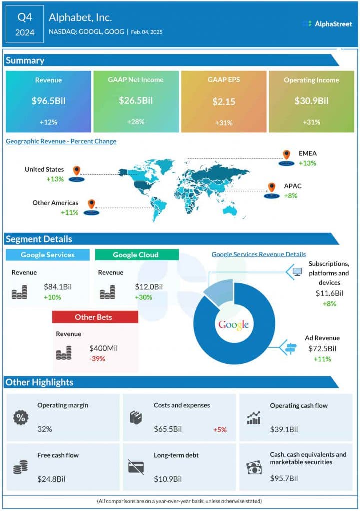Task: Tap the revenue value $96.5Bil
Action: (x=48, y=101)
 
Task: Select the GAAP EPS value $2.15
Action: (x=223, y=101)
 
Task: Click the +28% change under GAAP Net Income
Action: (x=136, y=122)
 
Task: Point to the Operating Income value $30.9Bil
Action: (x=311, y=101)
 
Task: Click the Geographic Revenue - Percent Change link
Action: (x=61, y=141)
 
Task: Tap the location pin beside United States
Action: (x=76, y=171)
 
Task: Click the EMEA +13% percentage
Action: (x=308, y=163)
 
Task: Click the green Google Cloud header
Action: (x=136, y=255)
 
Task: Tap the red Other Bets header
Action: (x=95, y=317)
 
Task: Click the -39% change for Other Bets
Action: (x=97, y=359)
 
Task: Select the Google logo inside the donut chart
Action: (x=233, y=325)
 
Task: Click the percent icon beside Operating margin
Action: (x=20, y=418)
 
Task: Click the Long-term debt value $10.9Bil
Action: (x=167, y=479)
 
